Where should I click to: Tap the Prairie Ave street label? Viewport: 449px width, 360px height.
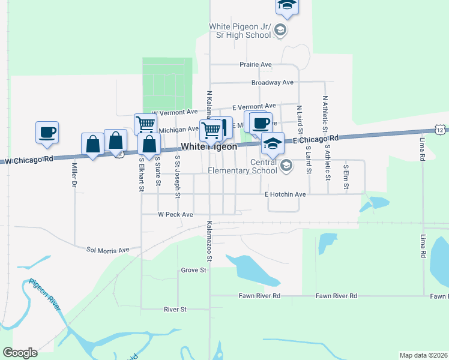[x=256, y=64]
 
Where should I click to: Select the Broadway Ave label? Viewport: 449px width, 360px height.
[x=272, y=82]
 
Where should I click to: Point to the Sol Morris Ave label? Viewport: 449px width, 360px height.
[x=108, y=250]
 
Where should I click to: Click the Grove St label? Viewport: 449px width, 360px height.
[x=194, y=270]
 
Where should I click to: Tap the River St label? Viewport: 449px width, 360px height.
[x=175, y=309]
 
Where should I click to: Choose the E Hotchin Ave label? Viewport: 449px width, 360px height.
[x=286, y=194]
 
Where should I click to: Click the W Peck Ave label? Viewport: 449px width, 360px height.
[x=175, y=214]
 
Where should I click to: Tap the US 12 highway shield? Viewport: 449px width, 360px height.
[x=441, y=130]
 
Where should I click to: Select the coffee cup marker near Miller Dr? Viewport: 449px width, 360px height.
[x=47, y=132]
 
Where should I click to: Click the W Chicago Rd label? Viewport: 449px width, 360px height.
[x=28, y=159]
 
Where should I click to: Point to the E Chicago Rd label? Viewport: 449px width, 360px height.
[x=316, y=139]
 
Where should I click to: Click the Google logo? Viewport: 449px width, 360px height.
[x=20, y=352]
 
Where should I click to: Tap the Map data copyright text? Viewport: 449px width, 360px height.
[x=423, y=355]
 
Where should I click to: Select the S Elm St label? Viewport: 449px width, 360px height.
[x=346, y=176]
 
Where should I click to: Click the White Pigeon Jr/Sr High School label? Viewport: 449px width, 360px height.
[x=240, y=31]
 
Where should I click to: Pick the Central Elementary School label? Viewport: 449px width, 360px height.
[x=242, y=166]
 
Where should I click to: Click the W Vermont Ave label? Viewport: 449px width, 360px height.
[x=175, y=112]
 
